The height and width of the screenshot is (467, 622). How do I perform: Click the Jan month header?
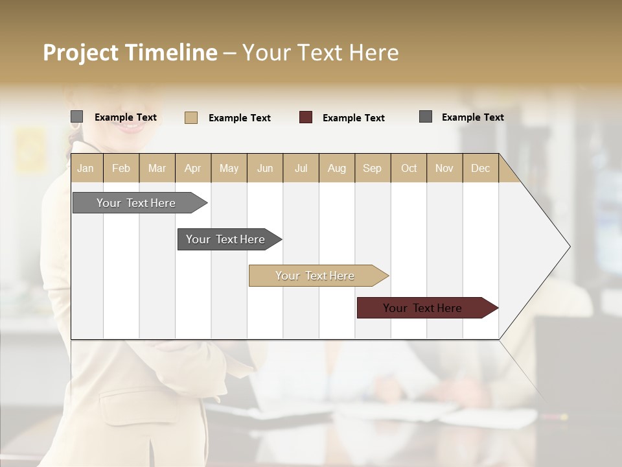(x=86, y=168)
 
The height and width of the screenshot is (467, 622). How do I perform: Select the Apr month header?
(x=192, y=168)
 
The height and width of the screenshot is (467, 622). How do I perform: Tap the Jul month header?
(x=301, y=168)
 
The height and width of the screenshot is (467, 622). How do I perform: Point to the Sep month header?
(x=372, y=168)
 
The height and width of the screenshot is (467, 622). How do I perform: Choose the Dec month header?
(x=480, y=168)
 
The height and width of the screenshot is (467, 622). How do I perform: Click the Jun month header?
(x=265, y=168)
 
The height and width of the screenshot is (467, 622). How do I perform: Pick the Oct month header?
(x=409, y=168)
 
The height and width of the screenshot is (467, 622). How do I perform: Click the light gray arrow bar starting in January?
(x=136, y=203)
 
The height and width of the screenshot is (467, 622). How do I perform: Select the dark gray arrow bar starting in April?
(x=225, y=239)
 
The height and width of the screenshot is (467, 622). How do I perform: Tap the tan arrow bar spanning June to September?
(x=315, y=276)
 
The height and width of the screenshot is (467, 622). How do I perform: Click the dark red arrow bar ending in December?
(x=422, y=308)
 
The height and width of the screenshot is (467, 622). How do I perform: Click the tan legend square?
(x=190, y=117)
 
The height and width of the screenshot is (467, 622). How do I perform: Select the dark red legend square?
(x=306, y=117)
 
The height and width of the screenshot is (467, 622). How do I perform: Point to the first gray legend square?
(x=76, y=117)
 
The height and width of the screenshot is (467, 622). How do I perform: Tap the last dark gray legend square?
(x=426, y=117)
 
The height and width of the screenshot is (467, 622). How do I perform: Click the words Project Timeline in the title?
(x=130, y=53)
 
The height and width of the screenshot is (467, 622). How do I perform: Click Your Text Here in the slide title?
(x=320, y=53)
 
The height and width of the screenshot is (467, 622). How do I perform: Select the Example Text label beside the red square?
(x=353, y=118)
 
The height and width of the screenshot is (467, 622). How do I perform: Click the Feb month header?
(x=121, y=168)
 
